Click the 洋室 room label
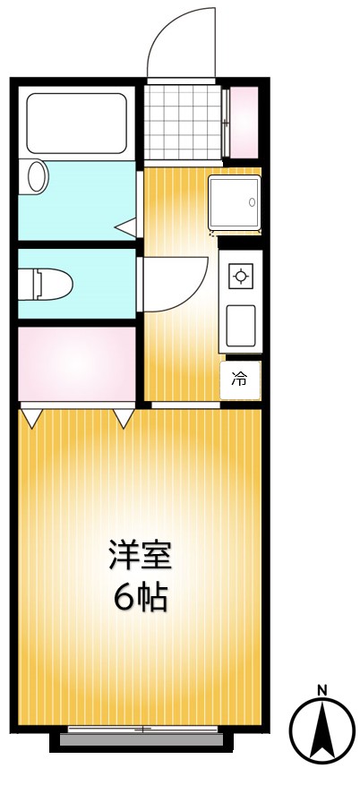140,556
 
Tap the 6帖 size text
140,597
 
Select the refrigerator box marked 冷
240,380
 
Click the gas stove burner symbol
240,277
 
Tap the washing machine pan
235,202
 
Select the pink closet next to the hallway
76,364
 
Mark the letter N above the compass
321,690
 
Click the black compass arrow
321,730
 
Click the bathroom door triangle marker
127,227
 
